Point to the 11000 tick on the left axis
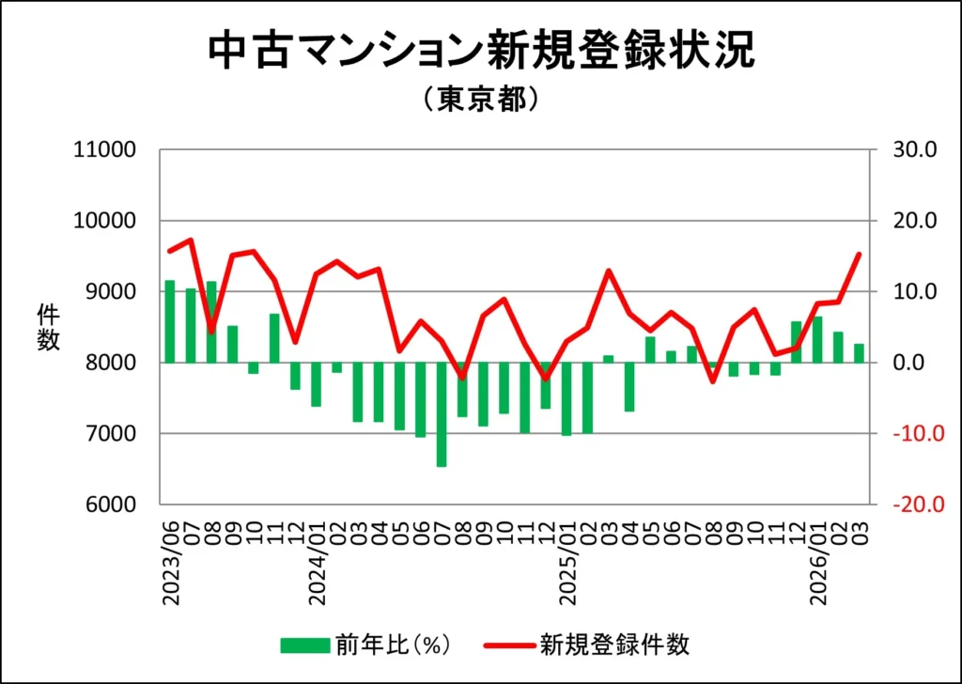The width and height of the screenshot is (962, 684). (x=104, y=150)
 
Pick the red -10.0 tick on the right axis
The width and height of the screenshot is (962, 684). (x=908, y=434)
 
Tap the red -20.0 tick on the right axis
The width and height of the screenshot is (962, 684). (x=908, y=505)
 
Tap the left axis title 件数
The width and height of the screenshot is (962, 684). (x=49, y=327)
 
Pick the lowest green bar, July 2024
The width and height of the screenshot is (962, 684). (x=441, y=414)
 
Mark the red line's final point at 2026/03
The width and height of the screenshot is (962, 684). (x=859, y=254)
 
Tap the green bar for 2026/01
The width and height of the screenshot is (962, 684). (x=816, y=339)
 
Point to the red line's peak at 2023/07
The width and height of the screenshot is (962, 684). (x=191, y=240)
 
